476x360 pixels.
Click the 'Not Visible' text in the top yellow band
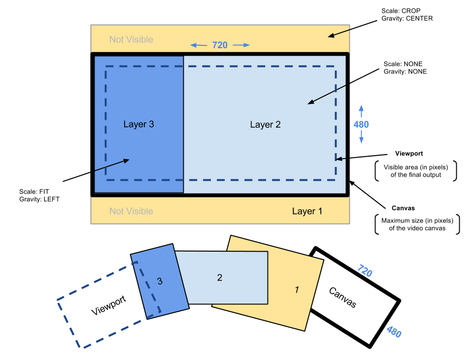pyautogui.click(x=131, y=39)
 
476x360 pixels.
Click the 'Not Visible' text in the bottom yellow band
pyautogui.click(x=131, y=211)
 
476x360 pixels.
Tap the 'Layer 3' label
pyautogui.click(x=138, y=124)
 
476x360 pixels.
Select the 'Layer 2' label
pyautogui.click(x=265, y=125)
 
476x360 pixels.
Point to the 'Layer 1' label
pyautogui.click(x=307, y=211)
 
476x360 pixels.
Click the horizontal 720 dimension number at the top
pyautogui.click(x=220, y=45)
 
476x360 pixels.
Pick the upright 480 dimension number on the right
pyautogui.click(x=361, y=125)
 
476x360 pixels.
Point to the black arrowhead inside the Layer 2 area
pyautogui.click(x=311, y=102)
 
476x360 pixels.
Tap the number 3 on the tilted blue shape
pyautogui.click(x=160, y=281)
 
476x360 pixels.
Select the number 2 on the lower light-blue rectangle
pyautogui.click(x=220, y=278)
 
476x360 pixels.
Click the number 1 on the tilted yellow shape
pyautogui.click(x=297, y=290)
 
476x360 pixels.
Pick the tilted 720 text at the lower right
pyautogui.click(x=364, y=270)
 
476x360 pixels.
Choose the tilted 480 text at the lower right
pyautogui.click(x=393, y=332)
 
